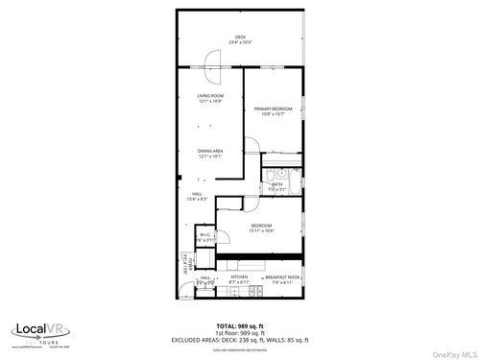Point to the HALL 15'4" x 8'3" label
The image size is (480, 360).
point(196,197)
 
